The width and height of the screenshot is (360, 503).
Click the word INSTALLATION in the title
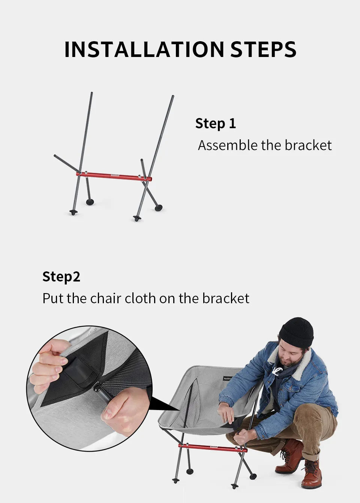[144, 49]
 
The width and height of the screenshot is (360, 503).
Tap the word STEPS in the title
[264, 49]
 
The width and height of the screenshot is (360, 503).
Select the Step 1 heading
[216, 123]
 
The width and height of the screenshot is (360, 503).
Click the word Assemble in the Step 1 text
[228, 145]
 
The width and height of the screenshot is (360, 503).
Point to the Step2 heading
[61, 277]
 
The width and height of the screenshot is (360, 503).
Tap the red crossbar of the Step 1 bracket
[114, 177]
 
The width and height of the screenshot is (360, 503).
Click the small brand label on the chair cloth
[227, 379]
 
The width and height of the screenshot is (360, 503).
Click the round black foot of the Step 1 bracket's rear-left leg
[90, 202]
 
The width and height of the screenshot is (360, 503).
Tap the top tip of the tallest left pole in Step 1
[91, 93]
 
